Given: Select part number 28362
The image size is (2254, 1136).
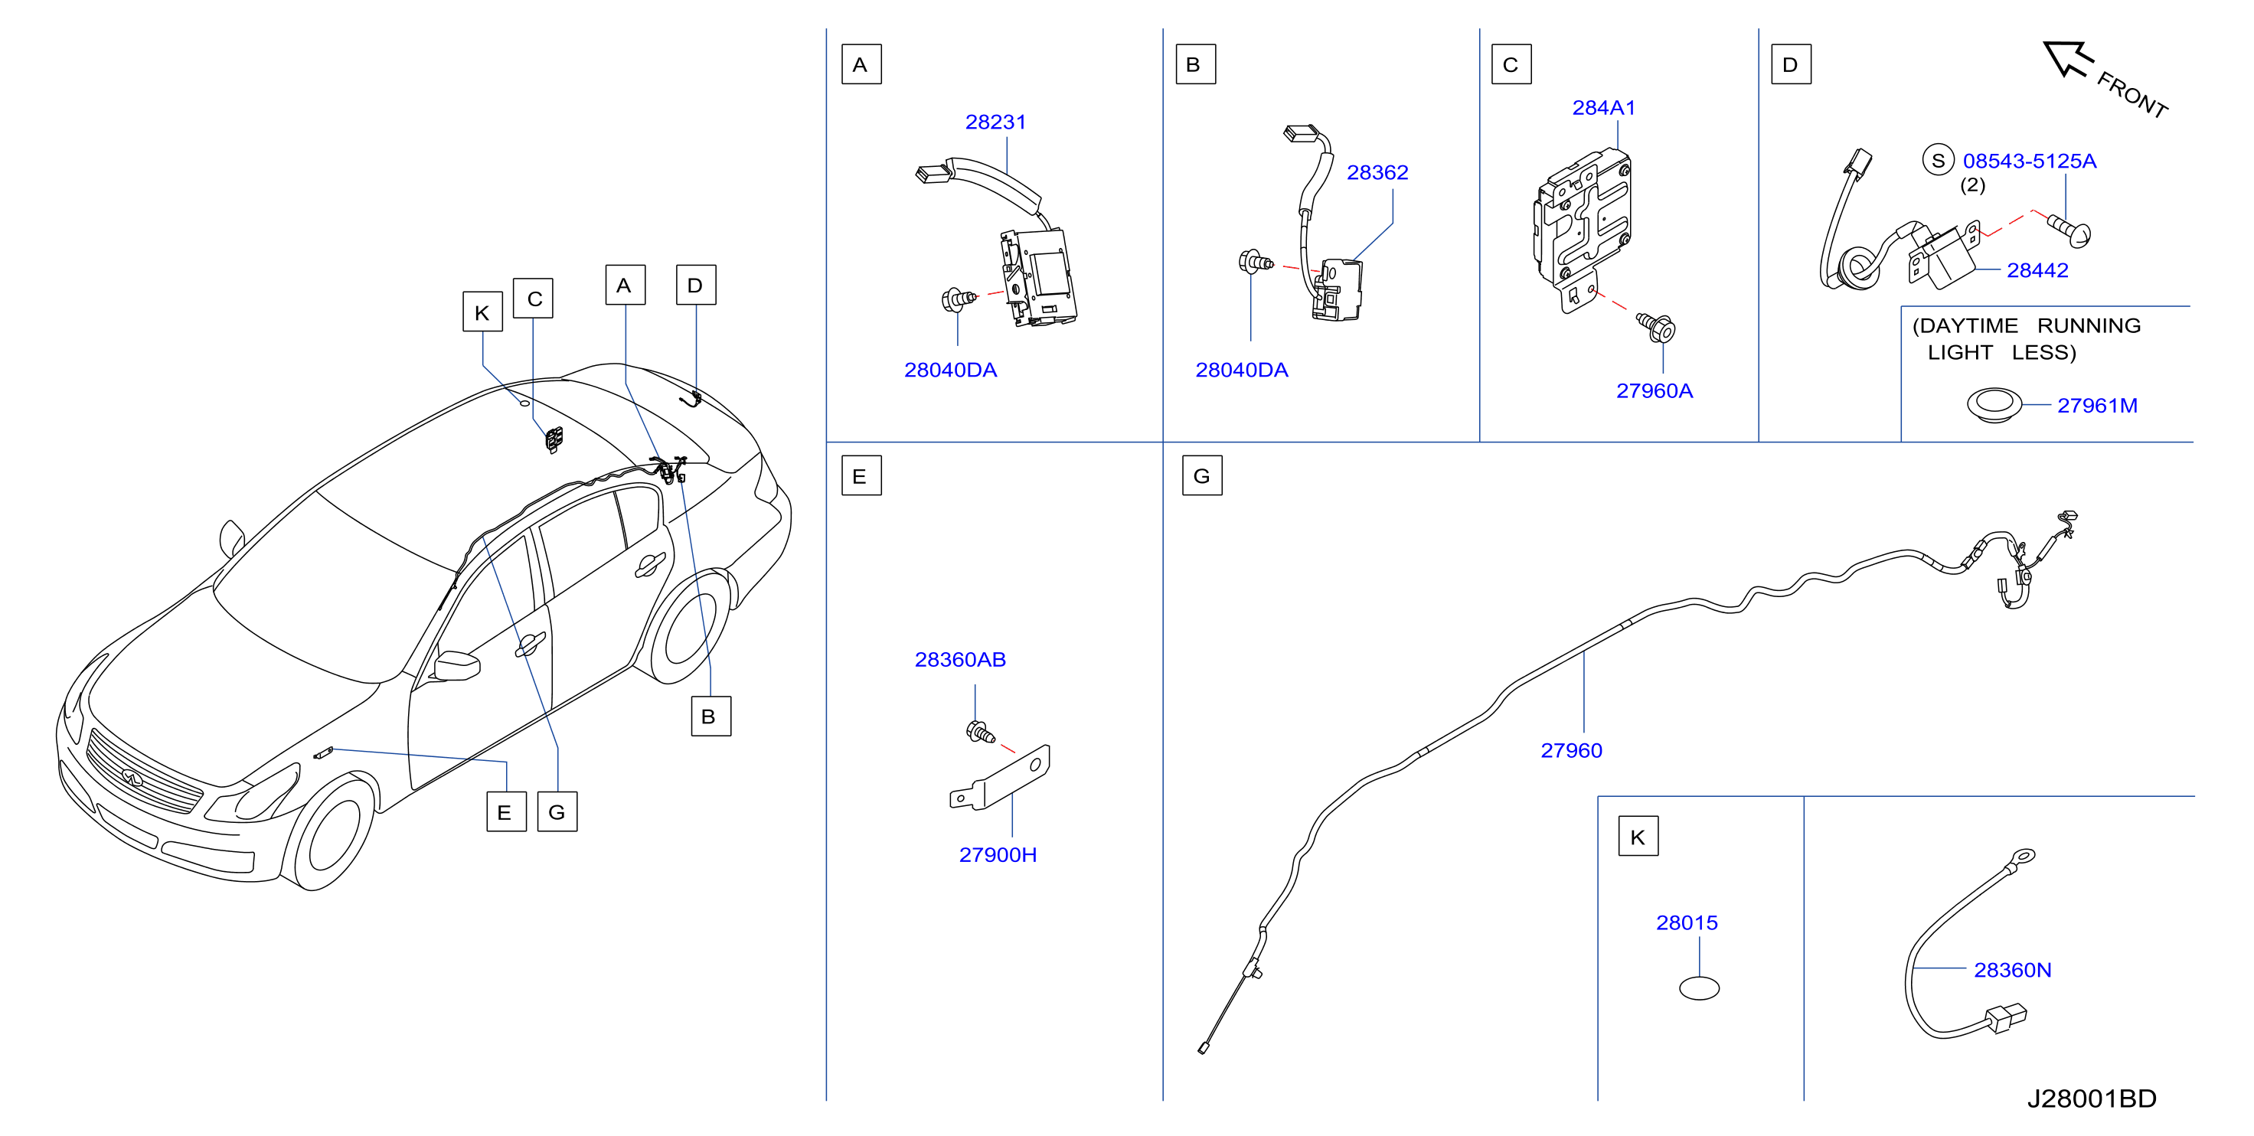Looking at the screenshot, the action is (1377, 172).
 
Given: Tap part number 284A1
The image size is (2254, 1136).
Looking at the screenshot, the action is (1603, 108).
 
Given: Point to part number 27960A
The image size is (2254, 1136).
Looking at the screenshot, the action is (1654, 390).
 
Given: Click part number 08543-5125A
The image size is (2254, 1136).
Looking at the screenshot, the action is (2029, 161).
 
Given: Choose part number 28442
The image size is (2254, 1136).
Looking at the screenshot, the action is (2037, 270).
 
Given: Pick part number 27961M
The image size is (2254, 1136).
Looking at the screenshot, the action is (2096, 405).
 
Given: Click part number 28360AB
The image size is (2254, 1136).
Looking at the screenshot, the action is (960, 659).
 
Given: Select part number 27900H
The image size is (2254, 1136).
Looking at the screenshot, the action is (998, 854).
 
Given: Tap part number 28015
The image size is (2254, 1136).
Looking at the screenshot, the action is (1686, 922).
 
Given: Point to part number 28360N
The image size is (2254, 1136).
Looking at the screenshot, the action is (2013, 970).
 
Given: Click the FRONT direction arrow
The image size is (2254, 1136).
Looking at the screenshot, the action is (2066, 59).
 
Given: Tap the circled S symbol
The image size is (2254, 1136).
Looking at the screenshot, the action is (1938, 160).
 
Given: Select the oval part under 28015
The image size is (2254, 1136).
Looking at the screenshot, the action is (1699, 988).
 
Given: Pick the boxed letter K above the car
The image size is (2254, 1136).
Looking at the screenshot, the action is (482, 312).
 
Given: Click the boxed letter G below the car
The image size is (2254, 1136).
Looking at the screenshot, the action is (557, 812).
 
